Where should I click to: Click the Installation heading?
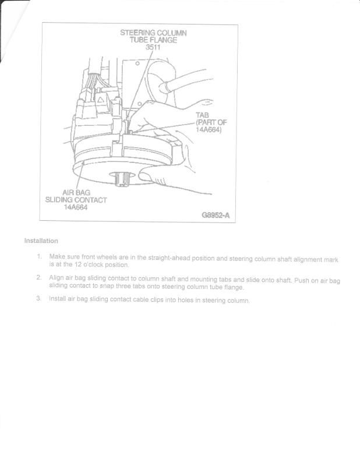point(41,241)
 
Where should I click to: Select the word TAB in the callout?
point(202,115)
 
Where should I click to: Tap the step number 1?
point(39,256)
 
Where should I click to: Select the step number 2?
point(39,278)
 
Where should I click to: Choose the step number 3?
point(39,299)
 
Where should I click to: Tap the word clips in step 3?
point(161,300)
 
